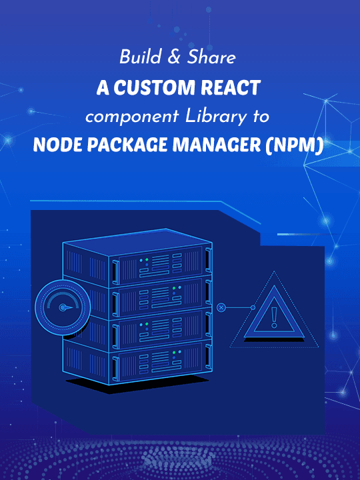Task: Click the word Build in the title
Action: pos(140,57)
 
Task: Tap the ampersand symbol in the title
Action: pos(174,57)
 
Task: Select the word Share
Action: pos(211,57)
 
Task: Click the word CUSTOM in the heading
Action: pos(154,87)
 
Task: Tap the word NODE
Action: pos(57,145)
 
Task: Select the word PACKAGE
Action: pos(127,145)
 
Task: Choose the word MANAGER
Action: pos(216,145)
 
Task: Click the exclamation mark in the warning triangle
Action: pos(274,317)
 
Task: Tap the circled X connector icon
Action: pos(221,307)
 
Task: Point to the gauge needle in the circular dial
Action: pos(65,307)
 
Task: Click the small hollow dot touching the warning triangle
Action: pos(253,307)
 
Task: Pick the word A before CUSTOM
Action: pos(103,87)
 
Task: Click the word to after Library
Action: pos(261,117)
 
